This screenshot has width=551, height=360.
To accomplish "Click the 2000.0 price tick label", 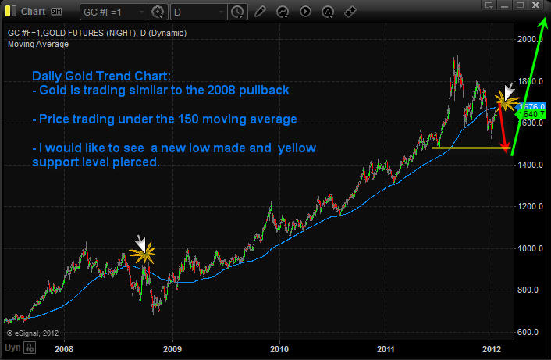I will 531,39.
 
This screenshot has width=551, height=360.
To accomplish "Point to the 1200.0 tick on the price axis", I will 531,206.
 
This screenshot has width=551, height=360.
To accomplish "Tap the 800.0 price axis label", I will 531,290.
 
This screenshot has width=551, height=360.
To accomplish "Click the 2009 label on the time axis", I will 172,348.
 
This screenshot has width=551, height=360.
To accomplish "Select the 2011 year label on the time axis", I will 385,348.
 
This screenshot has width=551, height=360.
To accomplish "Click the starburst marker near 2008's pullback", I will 142,251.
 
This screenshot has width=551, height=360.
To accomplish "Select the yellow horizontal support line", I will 468,147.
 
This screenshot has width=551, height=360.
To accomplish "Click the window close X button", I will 535,5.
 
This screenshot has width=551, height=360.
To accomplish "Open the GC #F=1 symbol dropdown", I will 113,12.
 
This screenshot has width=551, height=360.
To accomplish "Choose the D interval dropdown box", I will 199,12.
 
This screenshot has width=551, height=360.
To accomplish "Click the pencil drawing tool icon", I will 258,12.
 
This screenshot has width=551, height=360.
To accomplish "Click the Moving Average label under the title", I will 38,44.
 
